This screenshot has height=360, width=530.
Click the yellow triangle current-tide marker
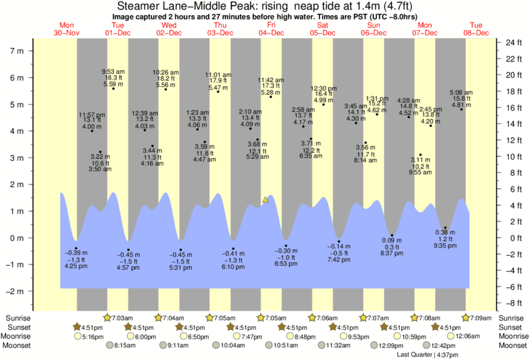coord(265,200)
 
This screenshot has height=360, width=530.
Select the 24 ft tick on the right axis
coord(513,43)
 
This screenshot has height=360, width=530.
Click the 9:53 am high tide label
coord(112,71)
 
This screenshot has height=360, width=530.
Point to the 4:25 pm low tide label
coord(76,266)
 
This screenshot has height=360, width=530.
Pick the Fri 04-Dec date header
coord(271,29)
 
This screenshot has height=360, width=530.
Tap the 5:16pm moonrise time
coord(92,337)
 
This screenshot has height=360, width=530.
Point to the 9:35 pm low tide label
coord(445,244)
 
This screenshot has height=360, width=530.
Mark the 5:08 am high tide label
coord(461,92)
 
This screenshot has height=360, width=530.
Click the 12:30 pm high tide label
coord(323,88)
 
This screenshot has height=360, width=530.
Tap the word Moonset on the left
coord(19,346)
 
